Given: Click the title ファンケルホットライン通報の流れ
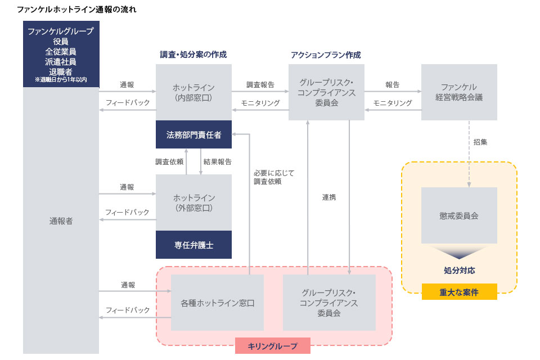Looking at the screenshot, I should pos(76,10).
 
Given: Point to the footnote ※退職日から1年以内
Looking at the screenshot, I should pos(61,80).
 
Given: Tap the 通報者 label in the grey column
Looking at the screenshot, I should pos(61,221).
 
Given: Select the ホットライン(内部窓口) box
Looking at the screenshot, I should pos(193,92).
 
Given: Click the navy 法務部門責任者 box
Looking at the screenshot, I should pos(193,134).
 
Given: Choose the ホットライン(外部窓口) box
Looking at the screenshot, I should pos(193,202).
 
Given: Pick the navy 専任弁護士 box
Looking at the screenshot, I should pos(193,245).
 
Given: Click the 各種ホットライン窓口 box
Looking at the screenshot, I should pos(217,303).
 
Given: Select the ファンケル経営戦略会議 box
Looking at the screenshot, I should pos(459,92).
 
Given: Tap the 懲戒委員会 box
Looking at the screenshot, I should pos(459,215).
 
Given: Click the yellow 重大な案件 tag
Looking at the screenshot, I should pos(459,292).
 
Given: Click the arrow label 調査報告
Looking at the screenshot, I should pos(260,85).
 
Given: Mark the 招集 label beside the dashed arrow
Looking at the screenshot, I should pos(480,142).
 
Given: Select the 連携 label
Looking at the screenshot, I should pos(329,197).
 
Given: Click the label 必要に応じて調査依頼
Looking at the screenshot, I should pos(273,177).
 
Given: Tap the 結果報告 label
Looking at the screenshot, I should pos(218,161).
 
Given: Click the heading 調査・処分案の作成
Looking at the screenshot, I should pos(193,55).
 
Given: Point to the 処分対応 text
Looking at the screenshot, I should pos(459,271).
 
